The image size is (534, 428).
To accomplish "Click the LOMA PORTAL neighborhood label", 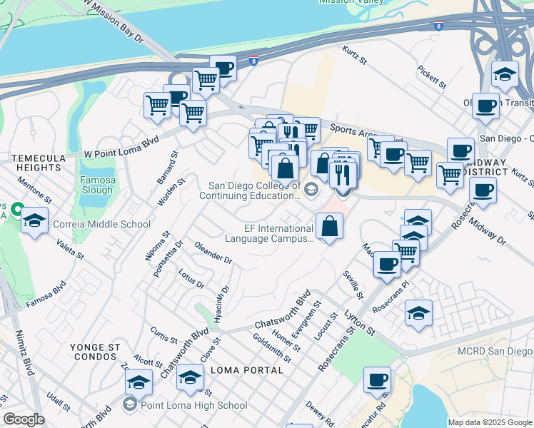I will pyautogui.click(x=247, y=370).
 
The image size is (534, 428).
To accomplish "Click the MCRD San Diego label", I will pyautogui.click(x=500, y=351).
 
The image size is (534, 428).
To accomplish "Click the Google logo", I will pyautogui.click(x=24, y=419).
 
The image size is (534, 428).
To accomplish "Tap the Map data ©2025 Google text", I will pyautogui.click(x=489, y=422).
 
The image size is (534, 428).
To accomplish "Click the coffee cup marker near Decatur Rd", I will pyautogui.click(x=377, y=380).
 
